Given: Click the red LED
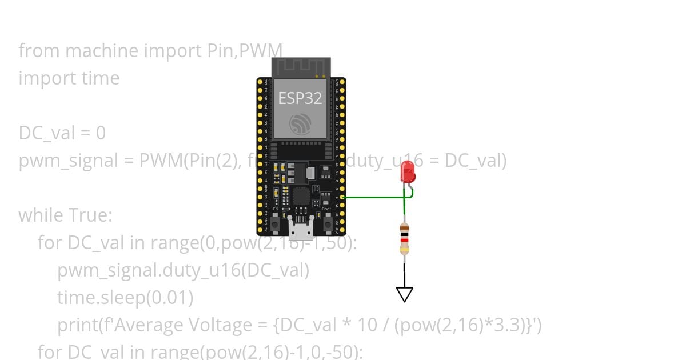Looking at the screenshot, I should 408,172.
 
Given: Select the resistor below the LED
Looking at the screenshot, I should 405,239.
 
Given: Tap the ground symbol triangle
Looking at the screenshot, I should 405,294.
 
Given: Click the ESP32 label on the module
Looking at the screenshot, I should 300,98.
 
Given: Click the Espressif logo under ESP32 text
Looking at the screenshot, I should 301,124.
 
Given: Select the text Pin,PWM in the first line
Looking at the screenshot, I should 244,51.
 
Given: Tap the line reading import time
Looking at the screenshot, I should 69,78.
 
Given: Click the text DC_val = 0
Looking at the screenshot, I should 62,133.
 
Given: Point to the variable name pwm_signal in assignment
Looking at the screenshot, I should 68,161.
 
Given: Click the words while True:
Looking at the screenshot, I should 66,215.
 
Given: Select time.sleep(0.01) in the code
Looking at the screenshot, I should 125,298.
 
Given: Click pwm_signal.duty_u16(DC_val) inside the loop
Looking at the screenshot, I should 183,270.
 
